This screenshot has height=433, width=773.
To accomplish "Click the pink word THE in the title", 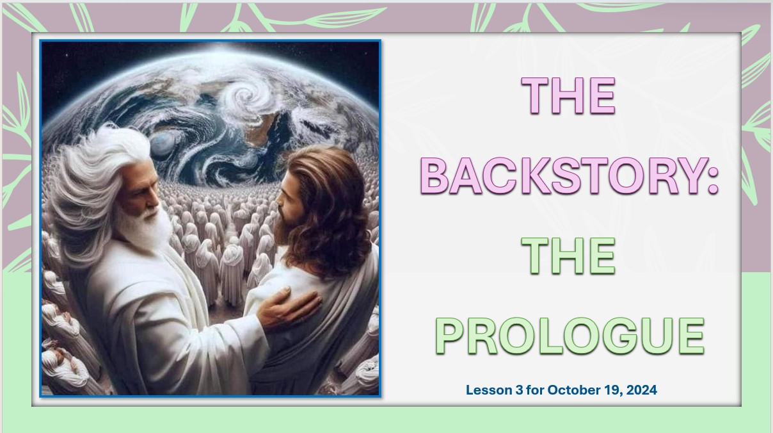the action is click(x=568, y=95).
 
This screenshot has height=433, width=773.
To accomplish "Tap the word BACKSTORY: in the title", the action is click(x=570, y=176).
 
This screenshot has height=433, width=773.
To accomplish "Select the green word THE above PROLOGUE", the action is click(x=568, y=256).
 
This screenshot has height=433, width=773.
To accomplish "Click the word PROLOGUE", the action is click(x=570, y=336).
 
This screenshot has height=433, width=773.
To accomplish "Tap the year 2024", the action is click(x=642, y=390).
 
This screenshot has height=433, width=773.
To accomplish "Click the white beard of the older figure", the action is click(x=144, y=228).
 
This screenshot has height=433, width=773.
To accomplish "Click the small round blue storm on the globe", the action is click(x=162, y=144).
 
